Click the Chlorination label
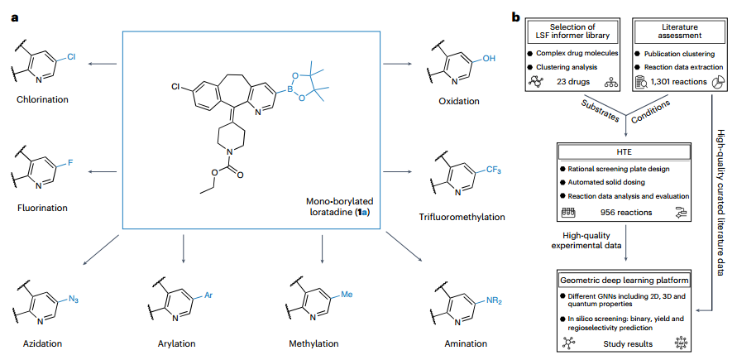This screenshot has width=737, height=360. (41, 99)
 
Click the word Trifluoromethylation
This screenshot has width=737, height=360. (467, 218)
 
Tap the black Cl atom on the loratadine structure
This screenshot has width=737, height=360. (176, 85)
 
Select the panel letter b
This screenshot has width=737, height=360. (517, 16)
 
